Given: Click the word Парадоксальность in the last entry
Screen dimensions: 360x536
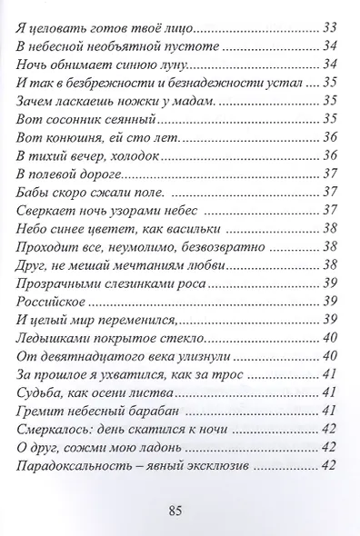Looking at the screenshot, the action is (x=71, y=467).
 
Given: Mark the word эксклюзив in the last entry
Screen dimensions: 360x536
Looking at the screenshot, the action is (x=215, y=467).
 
